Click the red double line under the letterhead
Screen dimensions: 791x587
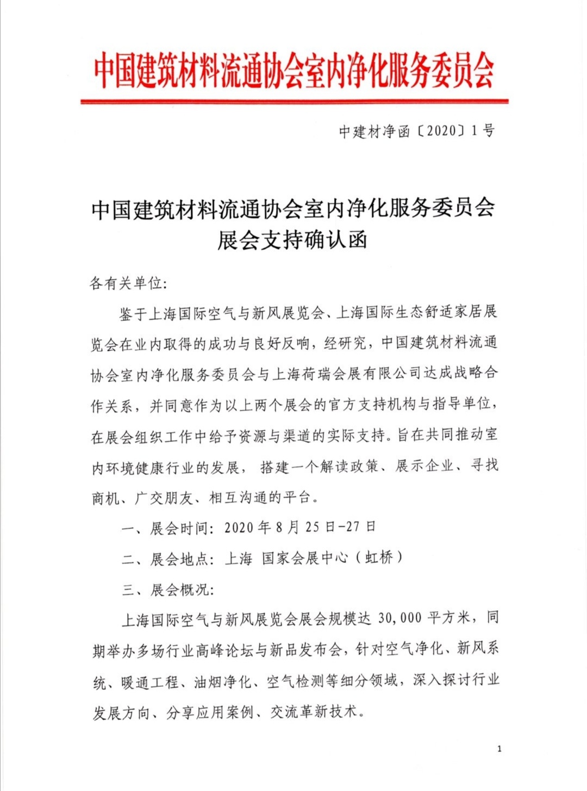click(x=294, y=101)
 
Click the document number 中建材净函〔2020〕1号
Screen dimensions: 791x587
click(x=416, y=131)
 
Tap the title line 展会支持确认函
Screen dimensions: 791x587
click(x=292, y=240)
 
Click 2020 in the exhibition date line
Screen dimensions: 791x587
click(x=239, y=528)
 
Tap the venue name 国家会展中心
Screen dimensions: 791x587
click(x=305, y=559)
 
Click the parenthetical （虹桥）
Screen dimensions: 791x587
click(x=384, y=559)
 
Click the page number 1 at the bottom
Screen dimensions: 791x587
click(x=499, y=749)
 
